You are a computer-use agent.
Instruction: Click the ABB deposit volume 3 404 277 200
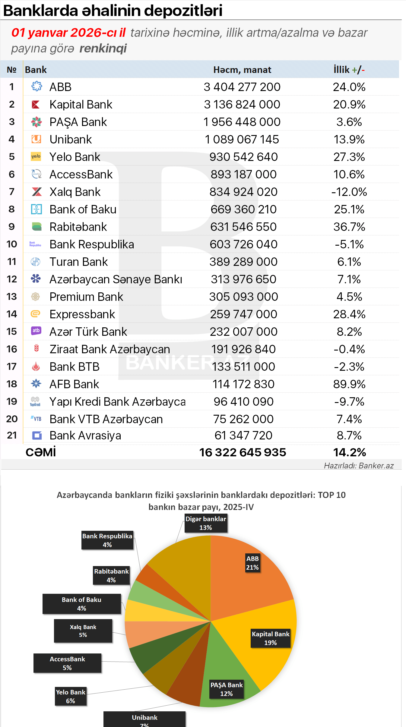tap(242, 87)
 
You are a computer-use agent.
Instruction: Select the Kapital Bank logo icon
tap(36, 105)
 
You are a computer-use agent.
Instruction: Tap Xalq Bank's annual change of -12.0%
tap(349, 192)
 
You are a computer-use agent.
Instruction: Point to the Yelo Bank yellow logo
tap(36, 156)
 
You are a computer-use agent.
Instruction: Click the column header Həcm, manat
tap(242, 70)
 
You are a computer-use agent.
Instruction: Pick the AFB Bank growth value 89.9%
tap(349, 384)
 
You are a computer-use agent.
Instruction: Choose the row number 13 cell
tap(12, 297)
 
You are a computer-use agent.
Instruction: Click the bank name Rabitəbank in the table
tap(78, 227)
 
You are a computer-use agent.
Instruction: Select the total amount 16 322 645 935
tap(243, 452)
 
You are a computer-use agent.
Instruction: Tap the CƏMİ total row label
tap(41, 452)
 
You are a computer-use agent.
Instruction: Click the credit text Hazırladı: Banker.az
tap(359, 466)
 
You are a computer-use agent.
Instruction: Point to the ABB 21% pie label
tap(252, 563)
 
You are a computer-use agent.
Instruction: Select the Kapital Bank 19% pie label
tap(271, 638)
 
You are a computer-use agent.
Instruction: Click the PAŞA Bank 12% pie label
tap(227, 689)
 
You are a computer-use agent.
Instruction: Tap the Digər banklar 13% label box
tap(206, 523)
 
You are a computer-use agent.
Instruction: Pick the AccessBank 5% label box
tap(67, 663)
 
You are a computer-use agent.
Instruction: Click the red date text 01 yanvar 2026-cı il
tap(68, 33)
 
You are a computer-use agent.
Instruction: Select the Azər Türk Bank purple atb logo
tap(36, 331)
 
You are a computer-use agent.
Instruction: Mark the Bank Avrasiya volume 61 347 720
tap(243, 436)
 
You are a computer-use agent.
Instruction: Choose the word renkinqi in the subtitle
tap(103, 49)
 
